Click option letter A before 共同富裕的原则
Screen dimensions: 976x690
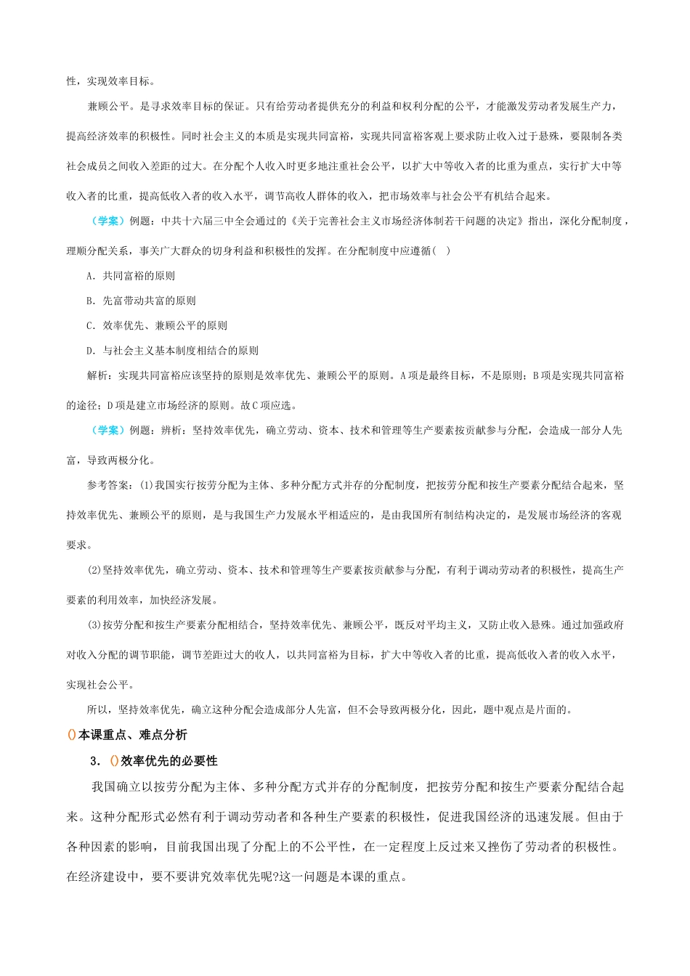(90, 276)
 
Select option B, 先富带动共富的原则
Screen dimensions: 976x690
(90, 301)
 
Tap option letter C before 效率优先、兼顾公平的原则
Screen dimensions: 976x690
(90, 325)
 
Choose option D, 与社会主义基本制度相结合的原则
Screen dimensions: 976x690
(90, 351)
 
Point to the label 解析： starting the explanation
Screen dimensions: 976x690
(102, 375)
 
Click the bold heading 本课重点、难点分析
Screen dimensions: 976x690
(132, 735)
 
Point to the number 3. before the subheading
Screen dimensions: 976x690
(94, 761)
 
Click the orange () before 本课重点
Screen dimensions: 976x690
(71, 735)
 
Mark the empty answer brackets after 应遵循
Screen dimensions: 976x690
(441, 251)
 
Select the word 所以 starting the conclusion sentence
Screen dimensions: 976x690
(97, 709)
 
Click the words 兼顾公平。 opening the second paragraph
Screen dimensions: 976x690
(111, 107)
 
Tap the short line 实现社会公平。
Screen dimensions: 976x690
(100, 685)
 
